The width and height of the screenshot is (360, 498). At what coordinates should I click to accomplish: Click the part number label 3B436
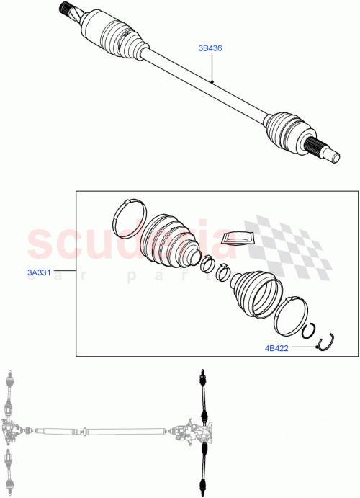(x=210, y=48)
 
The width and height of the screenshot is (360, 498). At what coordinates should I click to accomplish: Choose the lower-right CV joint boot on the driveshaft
(x=287, y=130)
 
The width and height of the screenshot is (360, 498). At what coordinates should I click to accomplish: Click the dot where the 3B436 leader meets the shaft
(x=213, y=83)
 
